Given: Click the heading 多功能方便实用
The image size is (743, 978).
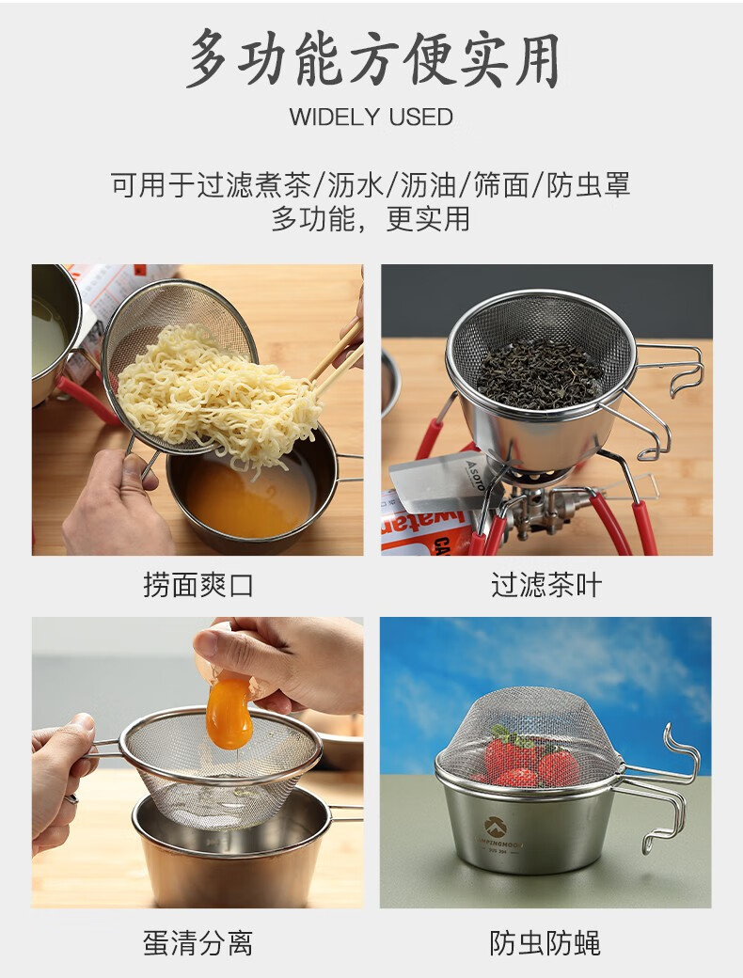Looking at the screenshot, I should pos(371,58).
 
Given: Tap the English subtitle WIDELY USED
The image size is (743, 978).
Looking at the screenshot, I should pos(371,118).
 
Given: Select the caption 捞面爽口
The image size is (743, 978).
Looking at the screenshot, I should pos(198,586).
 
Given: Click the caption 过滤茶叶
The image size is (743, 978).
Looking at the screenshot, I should pos(546,586).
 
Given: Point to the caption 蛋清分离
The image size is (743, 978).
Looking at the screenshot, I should pos(198,942).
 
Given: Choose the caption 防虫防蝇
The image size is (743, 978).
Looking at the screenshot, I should pos(546,942).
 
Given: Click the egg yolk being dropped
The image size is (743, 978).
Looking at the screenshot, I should pos(229,714).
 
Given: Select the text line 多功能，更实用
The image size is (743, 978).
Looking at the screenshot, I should pos(371,219).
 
